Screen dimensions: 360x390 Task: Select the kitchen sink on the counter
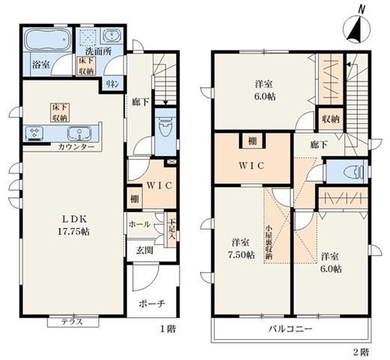77,133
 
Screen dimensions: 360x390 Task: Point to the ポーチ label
153,304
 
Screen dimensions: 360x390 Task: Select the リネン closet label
112,83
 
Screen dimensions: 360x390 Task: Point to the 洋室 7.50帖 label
241,248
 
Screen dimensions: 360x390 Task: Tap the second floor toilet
346,171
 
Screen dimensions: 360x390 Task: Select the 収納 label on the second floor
330,118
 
